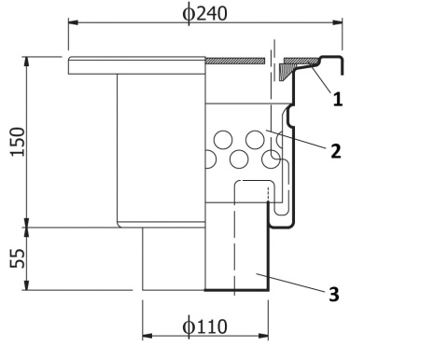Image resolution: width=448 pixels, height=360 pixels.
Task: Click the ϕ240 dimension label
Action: tap(204, 14)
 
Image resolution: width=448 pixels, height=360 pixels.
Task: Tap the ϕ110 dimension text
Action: tap(204, 326)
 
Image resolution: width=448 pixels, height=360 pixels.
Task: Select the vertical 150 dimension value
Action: tap(18, 142)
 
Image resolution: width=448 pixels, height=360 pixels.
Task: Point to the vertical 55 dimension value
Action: tap(18, 258)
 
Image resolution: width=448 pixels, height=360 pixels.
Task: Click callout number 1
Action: tap(338, 100)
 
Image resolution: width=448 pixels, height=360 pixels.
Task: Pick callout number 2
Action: tap(336, 151)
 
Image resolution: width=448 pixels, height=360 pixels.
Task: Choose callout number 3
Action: tap(334, 294)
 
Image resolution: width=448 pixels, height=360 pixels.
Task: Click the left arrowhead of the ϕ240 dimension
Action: tap(74, 22)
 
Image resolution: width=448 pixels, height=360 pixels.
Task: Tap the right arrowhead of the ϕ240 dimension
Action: tap(338, 22)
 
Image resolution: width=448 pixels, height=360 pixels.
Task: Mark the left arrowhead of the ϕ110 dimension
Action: tap(147, 336)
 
